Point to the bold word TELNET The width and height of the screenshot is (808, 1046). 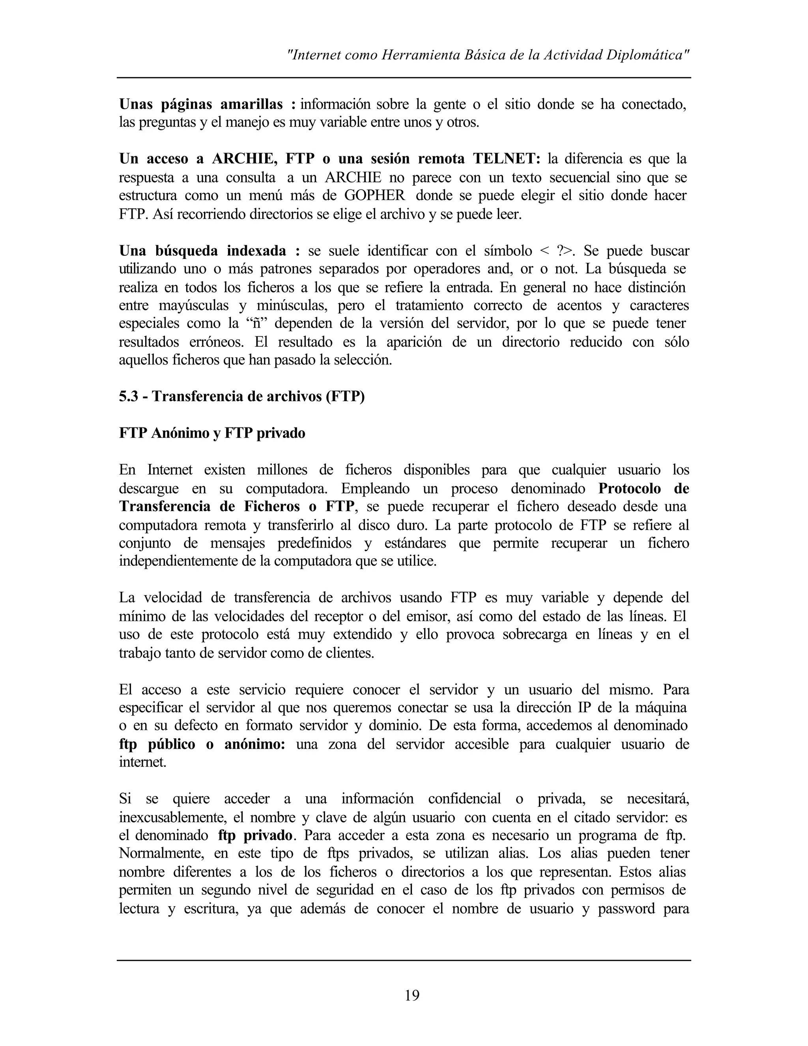click(507, 159)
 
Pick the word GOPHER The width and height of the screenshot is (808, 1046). click(375, 195)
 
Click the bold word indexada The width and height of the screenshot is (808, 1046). click(256, 251)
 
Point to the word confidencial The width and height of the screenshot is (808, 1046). click(464, 799)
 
